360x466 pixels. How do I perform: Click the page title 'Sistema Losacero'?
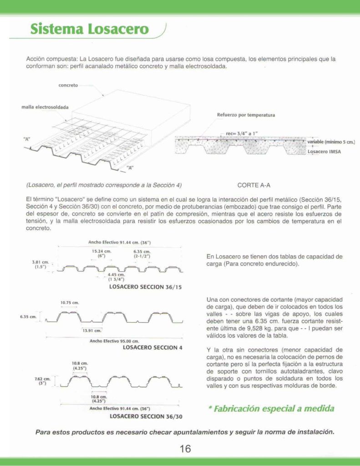tap(90, 29)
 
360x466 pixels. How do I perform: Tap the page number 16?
tap(185, 449)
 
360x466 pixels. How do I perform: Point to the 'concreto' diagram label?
tap(68, 85)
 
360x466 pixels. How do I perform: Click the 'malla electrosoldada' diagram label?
tap(45, 107)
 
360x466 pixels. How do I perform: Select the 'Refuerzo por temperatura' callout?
tap(246, 115)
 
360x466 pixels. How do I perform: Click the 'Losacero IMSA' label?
tap(325, 152)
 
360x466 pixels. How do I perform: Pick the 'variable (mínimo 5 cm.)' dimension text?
tap(330, 142)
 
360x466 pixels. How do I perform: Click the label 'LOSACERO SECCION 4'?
tap(152, 347)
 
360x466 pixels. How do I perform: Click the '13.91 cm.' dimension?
tap(91, 330)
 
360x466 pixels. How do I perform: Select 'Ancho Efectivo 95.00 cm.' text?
tap(114, 340)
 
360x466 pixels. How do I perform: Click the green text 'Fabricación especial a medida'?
tap(271, 408)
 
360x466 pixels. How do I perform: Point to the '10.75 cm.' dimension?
tap(70, 303)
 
